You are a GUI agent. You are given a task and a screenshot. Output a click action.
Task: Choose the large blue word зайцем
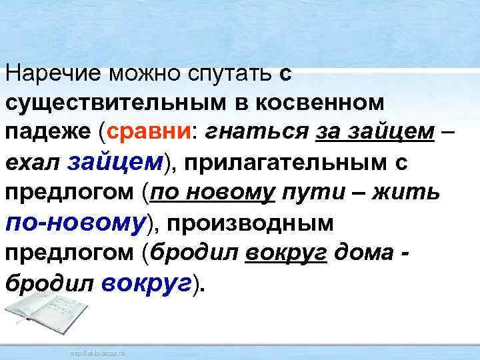click(x=115, y=161)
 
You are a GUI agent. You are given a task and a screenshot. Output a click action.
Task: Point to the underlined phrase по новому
click(x=213, y=192)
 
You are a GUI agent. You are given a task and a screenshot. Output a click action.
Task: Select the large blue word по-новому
click(x=75, y=221)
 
